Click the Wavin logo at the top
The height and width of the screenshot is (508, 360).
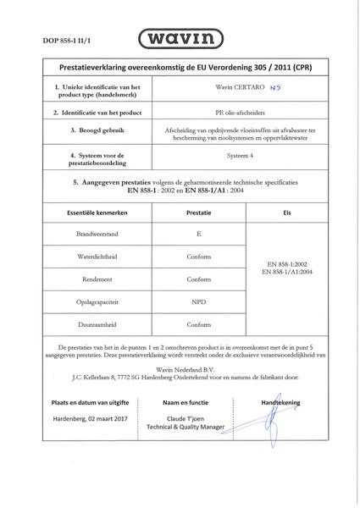(180, 40)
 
